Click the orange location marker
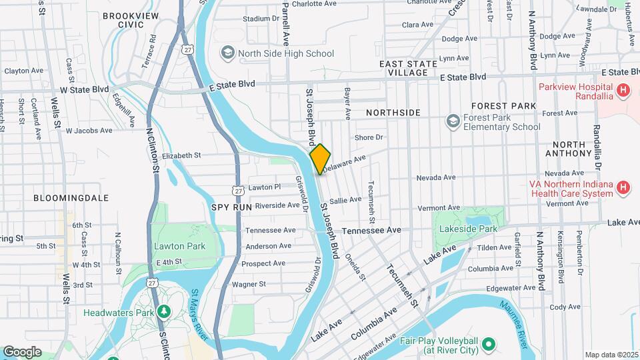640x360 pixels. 320,159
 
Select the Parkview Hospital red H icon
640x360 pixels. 623,89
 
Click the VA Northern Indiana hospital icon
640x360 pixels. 623,187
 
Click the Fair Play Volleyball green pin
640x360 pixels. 489,345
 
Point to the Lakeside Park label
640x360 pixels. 469,229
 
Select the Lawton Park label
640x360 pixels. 179,246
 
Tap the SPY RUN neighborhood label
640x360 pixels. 231,207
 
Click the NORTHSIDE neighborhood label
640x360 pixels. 394,112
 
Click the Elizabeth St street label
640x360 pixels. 181,155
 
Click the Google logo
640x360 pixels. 22,351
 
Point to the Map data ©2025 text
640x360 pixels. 612,355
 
